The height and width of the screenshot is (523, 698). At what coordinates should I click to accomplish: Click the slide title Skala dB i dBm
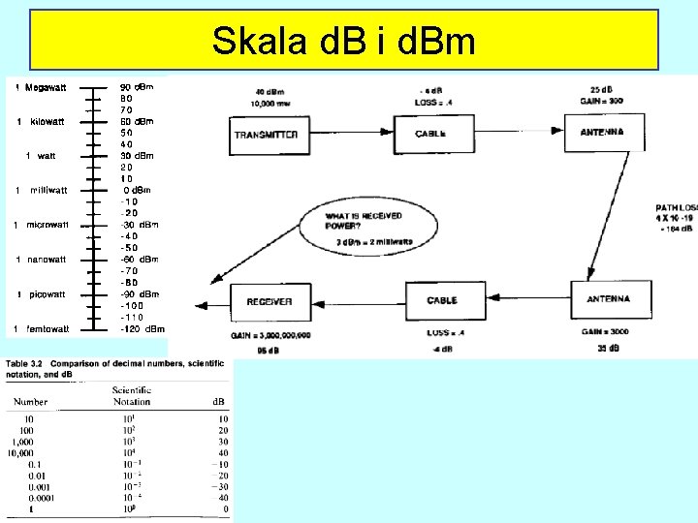(x=344, y=42)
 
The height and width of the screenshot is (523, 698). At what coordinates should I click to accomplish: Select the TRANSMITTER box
(x=266, y=135)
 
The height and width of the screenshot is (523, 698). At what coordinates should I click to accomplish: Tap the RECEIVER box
(x=270, y=301)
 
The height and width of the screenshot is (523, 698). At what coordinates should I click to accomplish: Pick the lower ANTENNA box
(x=608, y=299)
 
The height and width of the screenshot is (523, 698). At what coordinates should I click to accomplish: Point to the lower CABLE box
(x=441, y=301)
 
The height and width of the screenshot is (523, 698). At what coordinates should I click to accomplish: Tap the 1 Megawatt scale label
(x=42, y=88)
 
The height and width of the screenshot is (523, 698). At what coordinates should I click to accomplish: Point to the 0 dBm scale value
(x=137, y=190)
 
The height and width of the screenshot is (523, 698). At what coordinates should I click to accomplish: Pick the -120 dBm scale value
(x=142, y=329)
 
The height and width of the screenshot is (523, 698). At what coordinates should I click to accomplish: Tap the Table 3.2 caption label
(x=29, y=363)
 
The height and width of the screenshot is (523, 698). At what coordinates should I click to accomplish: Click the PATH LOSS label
(x=677, y=207)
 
